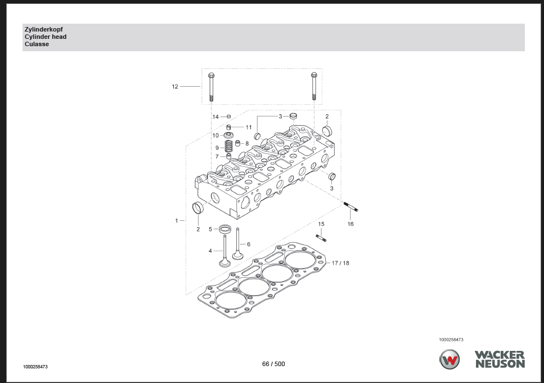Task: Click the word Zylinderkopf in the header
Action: pos(44,29)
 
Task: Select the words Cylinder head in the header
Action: pos(46,37)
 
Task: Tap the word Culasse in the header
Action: pos(37,44)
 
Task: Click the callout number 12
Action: pos(175,87)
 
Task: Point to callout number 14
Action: pos(215,117)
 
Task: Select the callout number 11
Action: pos(249,127)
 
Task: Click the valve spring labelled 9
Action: pos(228,146)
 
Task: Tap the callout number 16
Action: pos(350,224)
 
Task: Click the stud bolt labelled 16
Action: pos(350,206)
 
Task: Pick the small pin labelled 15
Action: pos(321,238)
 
